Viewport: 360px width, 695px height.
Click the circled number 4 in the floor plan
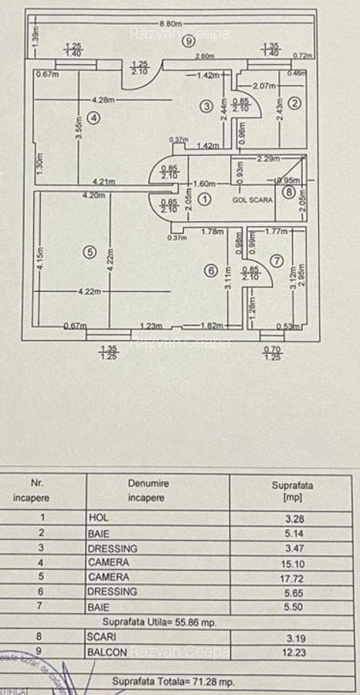click(x=93, y=118)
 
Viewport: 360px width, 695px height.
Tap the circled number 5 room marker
click(x=90, y=253)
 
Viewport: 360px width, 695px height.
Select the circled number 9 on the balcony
click(x=188, y=42)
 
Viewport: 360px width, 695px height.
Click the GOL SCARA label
click(x=252, y=199)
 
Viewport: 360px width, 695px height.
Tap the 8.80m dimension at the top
click(x=171, y=23)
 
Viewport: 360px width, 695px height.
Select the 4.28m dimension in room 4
click(x=103, y=100)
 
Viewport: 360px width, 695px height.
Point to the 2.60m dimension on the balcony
click(x=205, y=56)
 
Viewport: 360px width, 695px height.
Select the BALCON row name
click(x=104, y=653)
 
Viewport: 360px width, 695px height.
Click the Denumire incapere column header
click(x=149, y=490)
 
